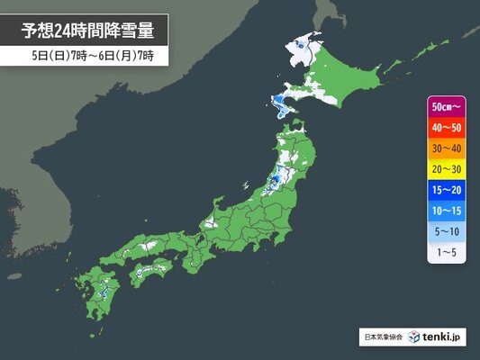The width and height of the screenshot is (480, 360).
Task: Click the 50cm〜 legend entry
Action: [x=448, y=106]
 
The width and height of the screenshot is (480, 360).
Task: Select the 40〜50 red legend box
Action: [x=448, y=128]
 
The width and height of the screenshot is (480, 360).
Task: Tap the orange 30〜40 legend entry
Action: [x=448, y=148]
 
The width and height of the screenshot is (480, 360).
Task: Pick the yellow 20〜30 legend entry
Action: [x=448, y=169]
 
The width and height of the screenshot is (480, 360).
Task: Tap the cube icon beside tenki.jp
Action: [x=414, y=337]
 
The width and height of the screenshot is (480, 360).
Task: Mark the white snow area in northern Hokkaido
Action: [x=304, y=49]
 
